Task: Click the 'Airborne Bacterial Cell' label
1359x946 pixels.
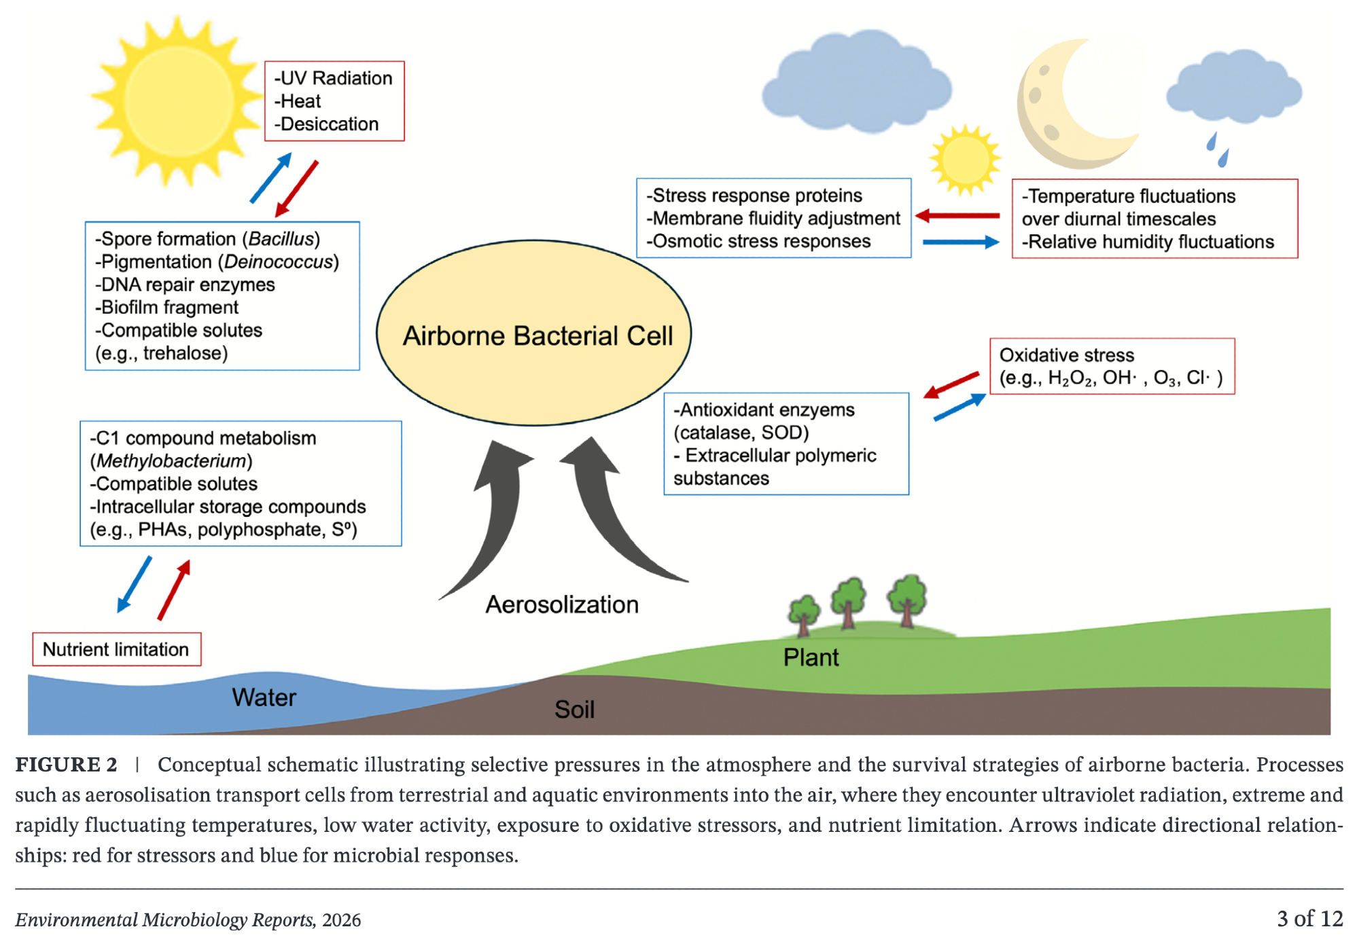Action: coord(537,335)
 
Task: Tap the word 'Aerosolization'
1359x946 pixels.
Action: coord(561,604)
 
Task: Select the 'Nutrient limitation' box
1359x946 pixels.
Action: coord(116,649)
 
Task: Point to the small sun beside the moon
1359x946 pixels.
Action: coord(964,160)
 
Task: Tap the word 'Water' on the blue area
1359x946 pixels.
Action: coord(264,697)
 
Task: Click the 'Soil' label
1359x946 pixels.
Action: coord(574,710)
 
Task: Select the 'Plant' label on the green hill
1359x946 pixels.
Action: coord(811,657)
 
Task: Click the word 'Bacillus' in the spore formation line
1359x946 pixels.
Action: coord(281,239)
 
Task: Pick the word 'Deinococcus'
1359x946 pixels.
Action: coord(278,262)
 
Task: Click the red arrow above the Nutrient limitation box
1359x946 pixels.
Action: coord(175,589)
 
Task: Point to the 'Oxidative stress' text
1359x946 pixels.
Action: coord(1066,355)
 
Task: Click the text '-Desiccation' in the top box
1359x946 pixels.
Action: coord(326,124)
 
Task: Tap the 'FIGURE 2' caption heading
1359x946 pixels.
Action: coord(66,765)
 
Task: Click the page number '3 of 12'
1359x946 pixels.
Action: coord(1309,919)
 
